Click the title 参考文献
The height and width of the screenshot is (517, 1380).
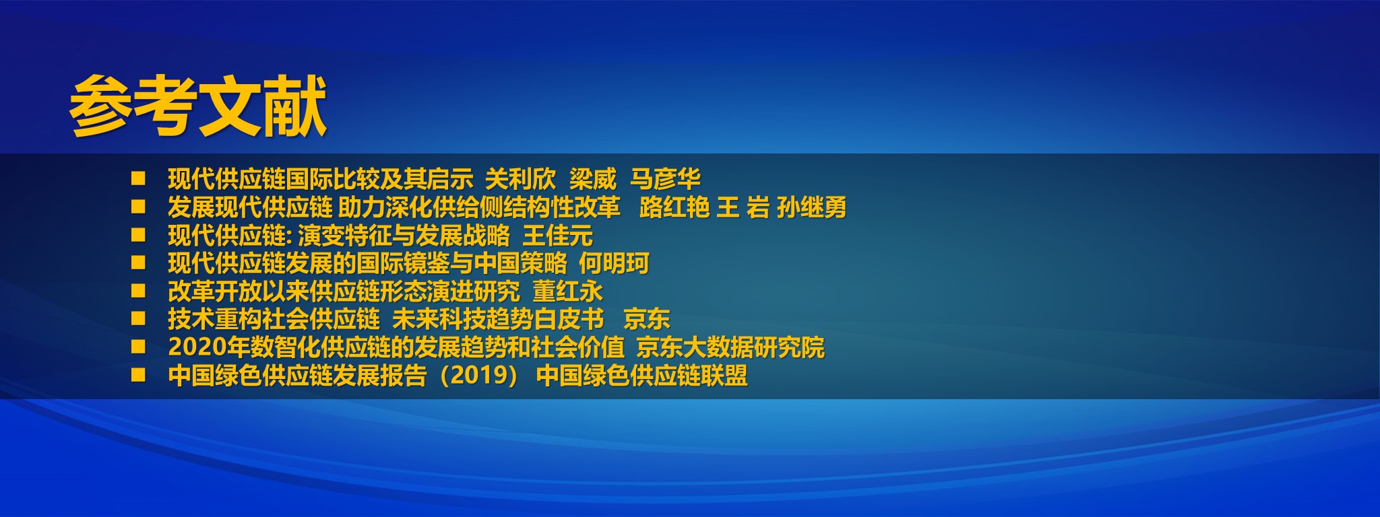tap(198, 106)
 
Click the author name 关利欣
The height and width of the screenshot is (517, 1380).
tap(520, 179)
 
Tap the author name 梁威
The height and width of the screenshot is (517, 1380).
tap(592, 179)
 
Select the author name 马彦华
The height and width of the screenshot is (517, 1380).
tap(665, 179)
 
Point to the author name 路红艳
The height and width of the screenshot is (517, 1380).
tap(674, 207)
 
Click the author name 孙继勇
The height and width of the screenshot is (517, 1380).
tap(811, 207)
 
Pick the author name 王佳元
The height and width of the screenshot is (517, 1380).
tap(557, 236)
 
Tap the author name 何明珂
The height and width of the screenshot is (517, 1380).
tap(614, 263)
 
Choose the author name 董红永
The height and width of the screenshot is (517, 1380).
tap(567, 291)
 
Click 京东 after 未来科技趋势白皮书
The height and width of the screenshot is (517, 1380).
tap(647, 319)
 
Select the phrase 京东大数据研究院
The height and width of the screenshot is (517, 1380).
tap(730, 347)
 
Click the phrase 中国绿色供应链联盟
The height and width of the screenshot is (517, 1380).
tap(641, 376)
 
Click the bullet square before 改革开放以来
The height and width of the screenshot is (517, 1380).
tap(138, 291)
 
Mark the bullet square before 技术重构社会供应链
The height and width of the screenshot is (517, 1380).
tap(138, 318)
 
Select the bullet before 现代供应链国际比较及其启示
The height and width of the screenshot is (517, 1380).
tap(138, 178)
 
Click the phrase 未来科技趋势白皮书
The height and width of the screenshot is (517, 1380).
tap(498, 319)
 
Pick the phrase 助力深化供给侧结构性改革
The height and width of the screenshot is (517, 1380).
tap(479, 207)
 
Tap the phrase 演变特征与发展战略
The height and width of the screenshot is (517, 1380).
tap(404, 236)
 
